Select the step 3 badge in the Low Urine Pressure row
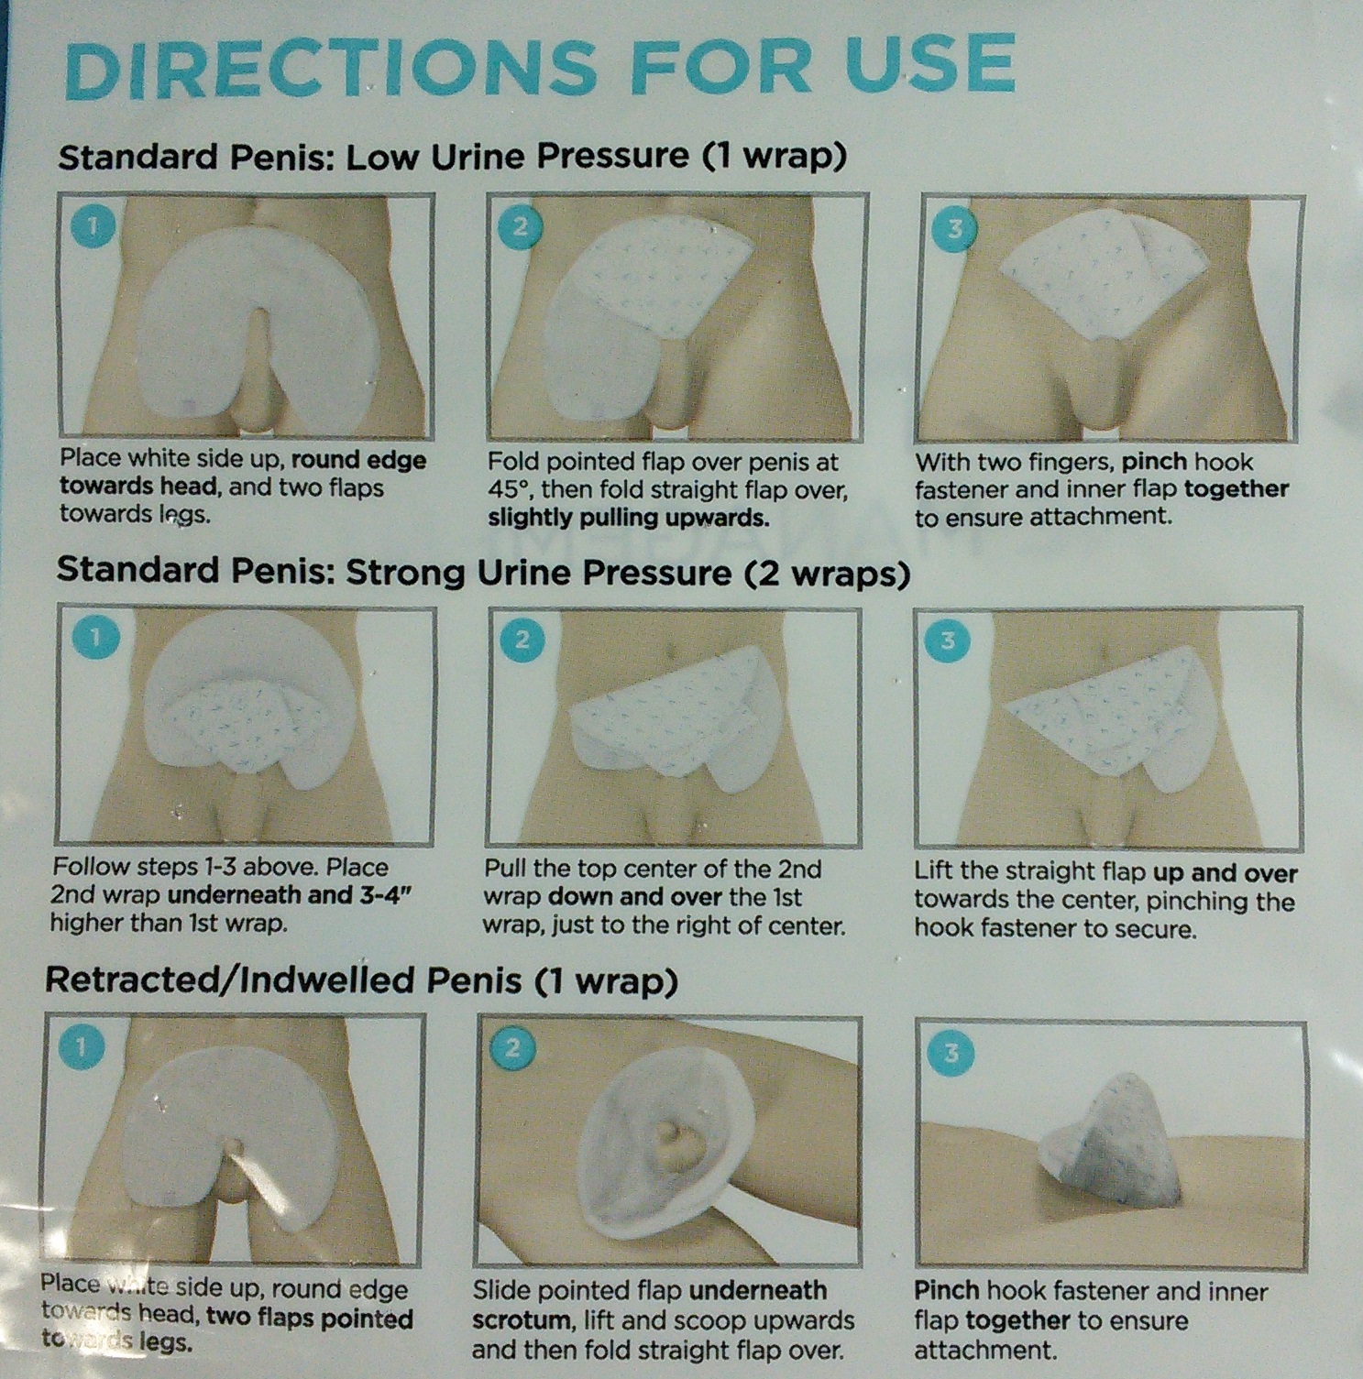tap(954, 228)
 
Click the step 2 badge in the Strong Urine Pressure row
tap(522, 639)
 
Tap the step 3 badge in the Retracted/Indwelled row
tap(951, 1053)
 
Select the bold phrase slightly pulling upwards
tap(628, 518)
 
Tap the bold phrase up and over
tap(1225, 873)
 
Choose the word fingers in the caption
tap(1071, 463)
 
